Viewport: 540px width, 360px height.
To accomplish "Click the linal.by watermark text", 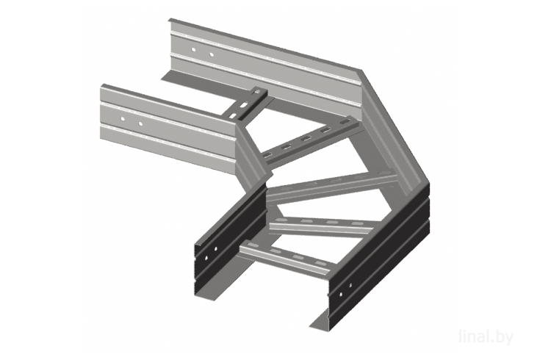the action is point(486,337).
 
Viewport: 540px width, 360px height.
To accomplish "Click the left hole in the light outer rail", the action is point(193,50).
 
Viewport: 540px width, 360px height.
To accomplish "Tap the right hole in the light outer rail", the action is point(212,54).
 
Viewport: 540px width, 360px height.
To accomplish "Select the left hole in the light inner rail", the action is point(123,119).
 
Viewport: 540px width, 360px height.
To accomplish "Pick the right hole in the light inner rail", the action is point(140,123).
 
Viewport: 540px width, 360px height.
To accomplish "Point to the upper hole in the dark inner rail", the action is point(216,248).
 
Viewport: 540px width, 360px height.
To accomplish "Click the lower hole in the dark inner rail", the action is point(206,257).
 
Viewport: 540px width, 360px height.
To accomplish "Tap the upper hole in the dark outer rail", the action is point(350,285).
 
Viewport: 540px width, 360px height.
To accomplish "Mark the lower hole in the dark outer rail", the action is point(341,294).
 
